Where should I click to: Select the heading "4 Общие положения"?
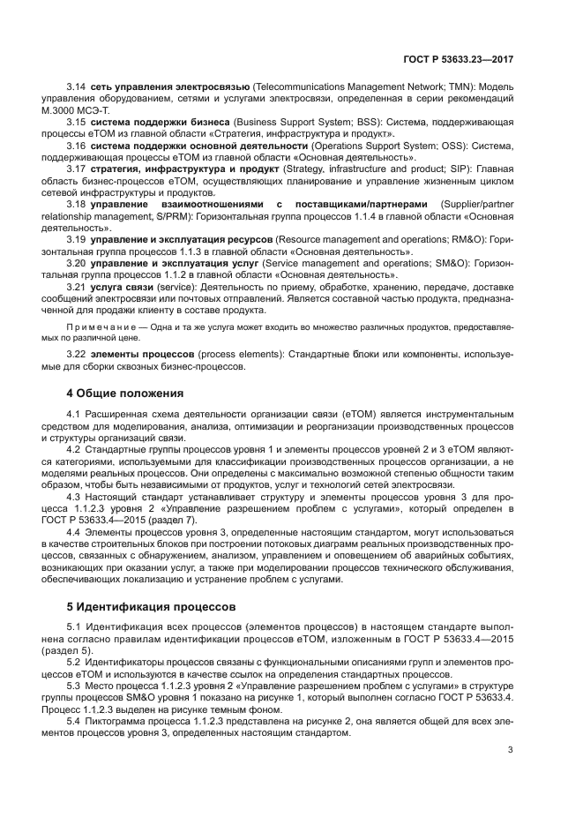coord(125,393)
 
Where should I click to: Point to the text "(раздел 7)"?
coord(224,519)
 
